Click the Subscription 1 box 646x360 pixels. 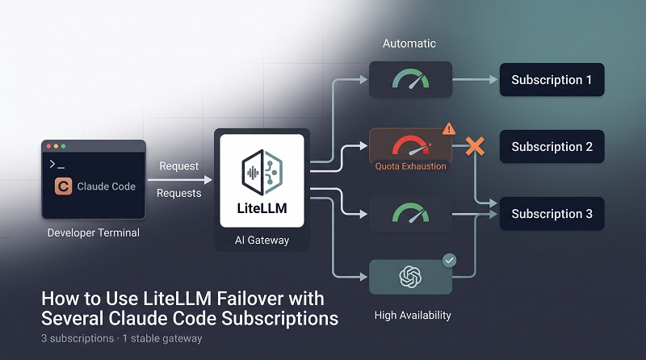[552, 79]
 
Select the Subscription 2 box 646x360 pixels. [552, 147]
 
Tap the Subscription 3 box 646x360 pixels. [552, 213]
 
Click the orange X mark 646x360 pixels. [475, 146]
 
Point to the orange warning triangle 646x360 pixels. [449, 129]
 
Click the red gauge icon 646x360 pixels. [410, 146]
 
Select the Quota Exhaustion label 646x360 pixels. [410, 166]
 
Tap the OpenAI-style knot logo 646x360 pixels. [410, 276]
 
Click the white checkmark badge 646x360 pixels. [449, 261]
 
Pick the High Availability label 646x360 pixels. [413, 315]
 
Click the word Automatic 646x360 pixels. [409, 44]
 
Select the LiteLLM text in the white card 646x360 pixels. [262, 208]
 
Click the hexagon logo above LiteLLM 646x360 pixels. [262, 172]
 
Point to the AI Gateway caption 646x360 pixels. [262, 241]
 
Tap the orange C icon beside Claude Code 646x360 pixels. [64, 186]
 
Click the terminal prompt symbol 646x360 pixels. [57, 165]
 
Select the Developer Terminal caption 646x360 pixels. [94, 232]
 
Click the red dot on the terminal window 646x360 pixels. [49, 146]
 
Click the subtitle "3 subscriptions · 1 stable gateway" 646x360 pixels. [122, 338]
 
